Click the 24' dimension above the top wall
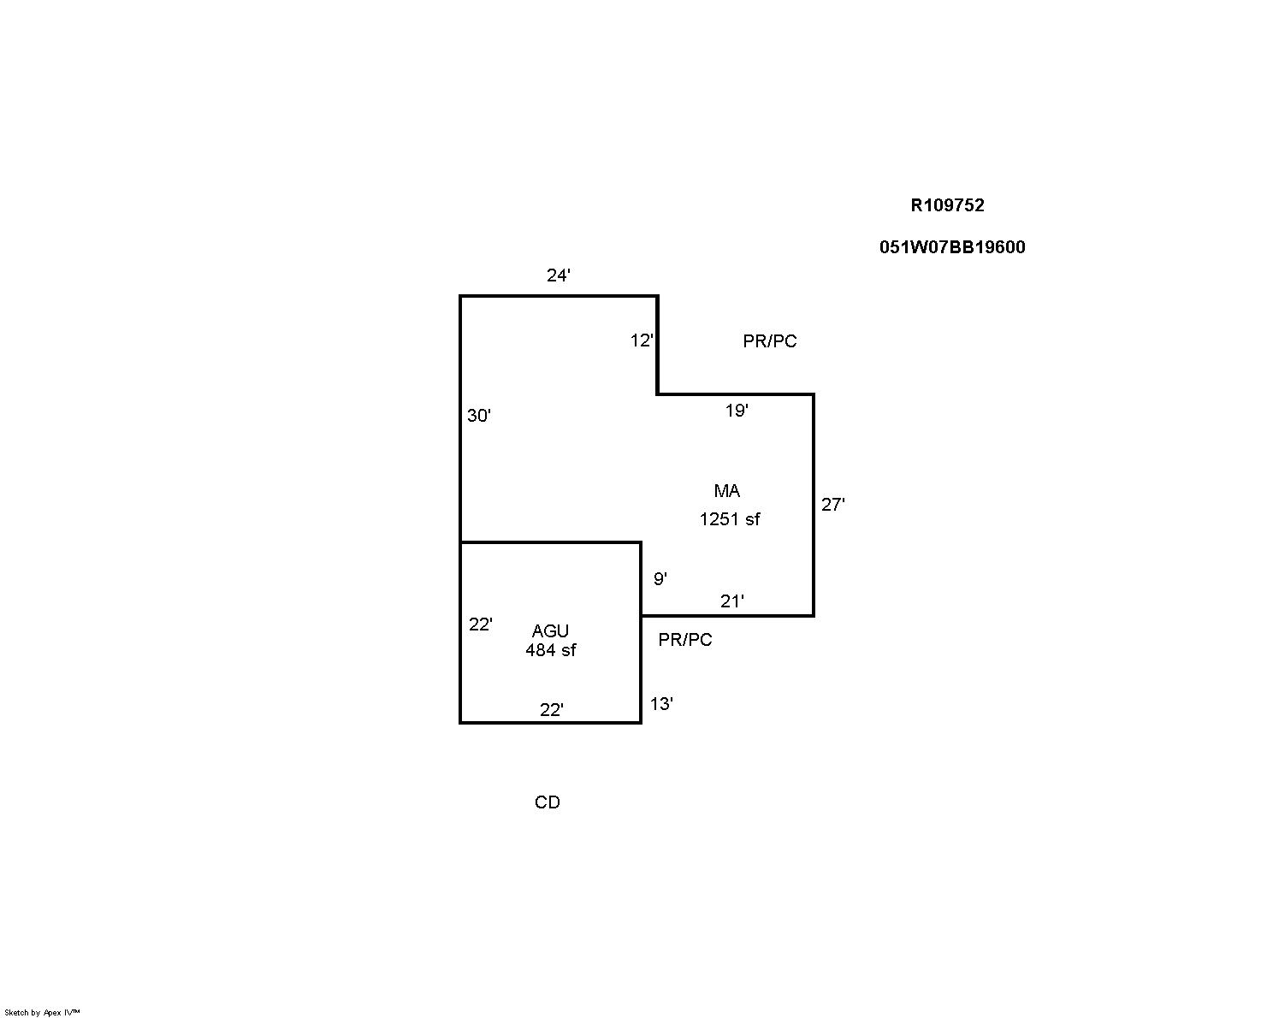click(x=558, y=275)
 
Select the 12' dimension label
click(x=642, y=340)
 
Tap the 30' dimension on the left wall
click(x=478, y=415)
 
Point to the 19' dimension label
click(x=737, y=410)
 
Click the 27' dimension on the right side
click(x=833, y=504)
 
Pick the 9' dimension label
click(x=660, y=578)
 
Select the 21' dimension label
click(x=731, y=601)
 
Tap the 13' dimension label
click(x=661, y=703)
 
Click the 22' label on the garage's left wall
click(x=480, y=624)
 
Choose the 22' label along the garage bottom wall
click(x=551, y=709)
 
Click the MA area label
click(x=727, y=490)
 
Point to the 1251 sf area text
click(x=730, y=518)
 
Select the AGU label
click(x=550, y=630)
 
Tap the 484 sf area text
click(x=551, y=649)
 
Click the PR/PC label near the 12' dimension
click(x=770, y=340)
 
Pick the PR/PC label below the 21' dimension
click(x=685, y=639)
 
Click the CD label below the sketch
click(x=548, y=802)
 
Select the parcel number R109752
click(x=947, y=204)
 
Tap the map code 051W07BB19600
click(x=952, y=246)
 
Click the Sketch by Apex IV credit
click(x=42, y=1012)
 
